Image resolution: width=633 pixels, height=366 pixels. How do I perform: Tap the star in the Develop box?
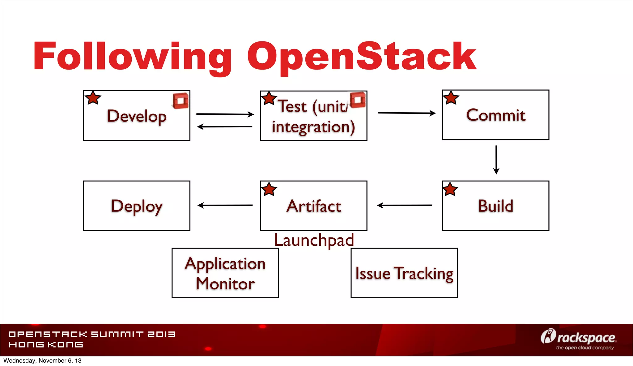(x=93, y=98)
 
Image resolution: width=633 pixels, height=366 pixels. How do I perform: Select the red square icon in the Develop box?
(x=181, y=101)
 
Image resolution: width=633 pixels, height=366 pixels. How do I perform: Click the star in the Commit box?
(x=451, y=98)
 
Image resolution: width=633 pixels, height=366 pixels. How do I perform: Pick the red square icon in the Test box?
(x=358, y=100)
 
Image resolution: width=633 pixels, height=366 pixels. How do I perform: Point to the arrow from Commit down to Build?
(x=496, y=160)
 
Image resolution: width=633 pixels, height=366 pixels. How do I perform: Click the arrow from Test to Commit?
(x=406, y=113)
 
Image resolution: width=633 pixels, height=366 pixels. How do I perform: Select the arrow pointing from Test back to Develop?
(x=225, y=127)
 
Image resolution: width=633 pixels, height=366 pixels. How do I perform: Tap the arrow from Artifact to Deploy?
(x=225, y=205)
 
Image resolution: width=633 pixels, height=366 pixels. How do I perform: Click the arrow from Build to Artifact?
(x=404, y=205)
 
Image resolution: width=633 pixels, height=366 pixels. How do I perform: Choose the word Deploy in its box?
(x=137, y=206)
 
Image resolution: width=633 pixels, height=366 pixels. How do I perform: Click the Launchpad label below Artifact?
(x=314, y=240)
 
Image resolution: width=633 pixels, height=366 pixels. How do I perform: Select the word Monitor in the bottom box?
(x=225, y=284)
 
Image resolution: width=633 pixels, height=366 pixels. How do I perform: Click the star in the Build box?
(x=450, y=189)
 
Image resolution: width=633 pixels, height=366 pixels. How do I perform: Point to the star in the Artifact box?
(x=269, y=189)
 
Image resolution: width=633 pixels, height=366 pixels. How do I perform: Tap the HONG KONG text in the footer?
(x=46, y=345)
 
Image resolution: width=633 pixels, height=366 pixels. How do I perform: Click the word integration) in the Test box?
(x=313, y=127)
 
